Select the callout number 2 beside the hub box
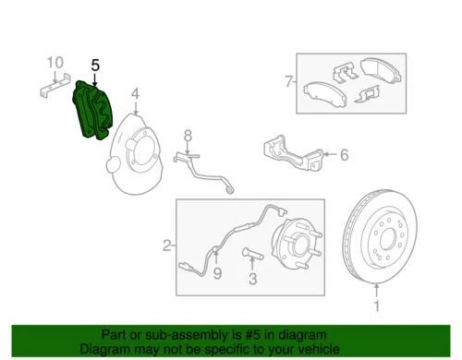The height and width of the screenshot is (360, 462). (x=167, y=246)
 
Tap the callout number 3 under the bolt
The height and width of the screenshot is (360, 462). (x=250, y=278)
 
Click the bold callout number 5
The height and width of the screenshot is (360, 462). (x=94, y=66)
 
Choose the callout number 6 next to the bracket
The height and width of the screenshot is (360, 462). (x=344, y=155)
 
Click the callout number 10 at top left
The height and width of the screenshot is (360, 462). (x=55, y=63)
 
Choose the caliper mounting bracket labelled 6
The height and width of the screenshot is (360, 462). (x=291, y=153)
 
